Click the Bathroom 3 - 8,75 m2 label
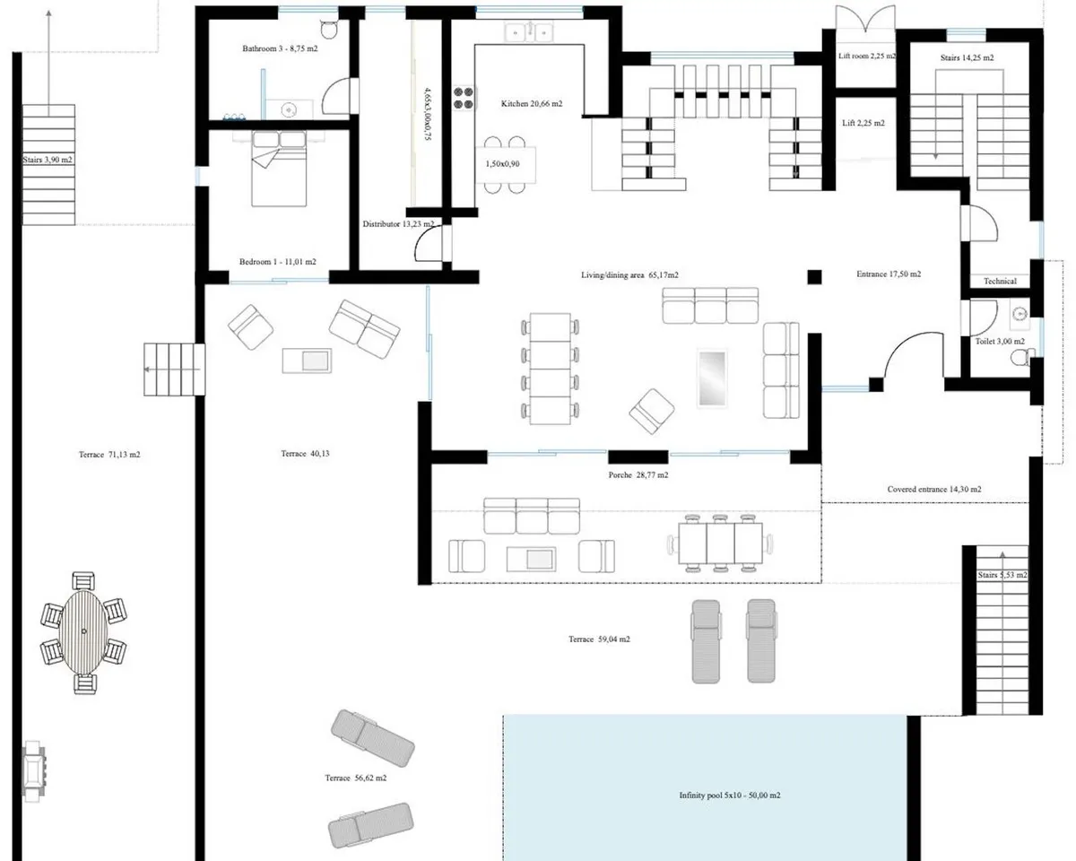(x=280, y=48)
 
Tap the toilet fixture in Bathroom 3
(x=328, y=30)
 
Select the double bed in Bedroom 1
(x=279, y=169)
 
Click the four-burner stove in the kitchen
(x=463, y=98)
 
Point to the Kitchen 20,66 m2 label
(x=532, y=103)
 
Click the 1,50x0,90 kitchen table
(x=505, y=164)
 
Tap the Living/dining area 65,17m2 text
(x=629, y=274)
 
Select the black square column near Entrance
(x=814, y=276)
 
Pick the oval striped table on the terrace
(x=83, y=632)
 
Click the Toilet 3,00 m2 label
(x=1000, y=341)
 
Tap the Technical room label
(x=1000, y=281)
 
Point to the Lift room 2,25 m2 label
(x=866, y=56)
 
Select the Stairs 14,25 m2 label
(x=967, y=57)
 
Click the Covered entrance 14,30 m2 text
(x=934, y=489)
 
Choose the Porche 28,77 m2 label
(x=638, y=474)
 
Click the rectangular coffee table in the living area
(x=712, y=378)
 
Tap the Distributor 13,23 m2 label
(x=398, y=223)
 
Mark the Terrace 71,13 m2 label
(x=109, y=454)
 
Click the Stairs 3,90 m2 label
(x=48, y=161)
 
